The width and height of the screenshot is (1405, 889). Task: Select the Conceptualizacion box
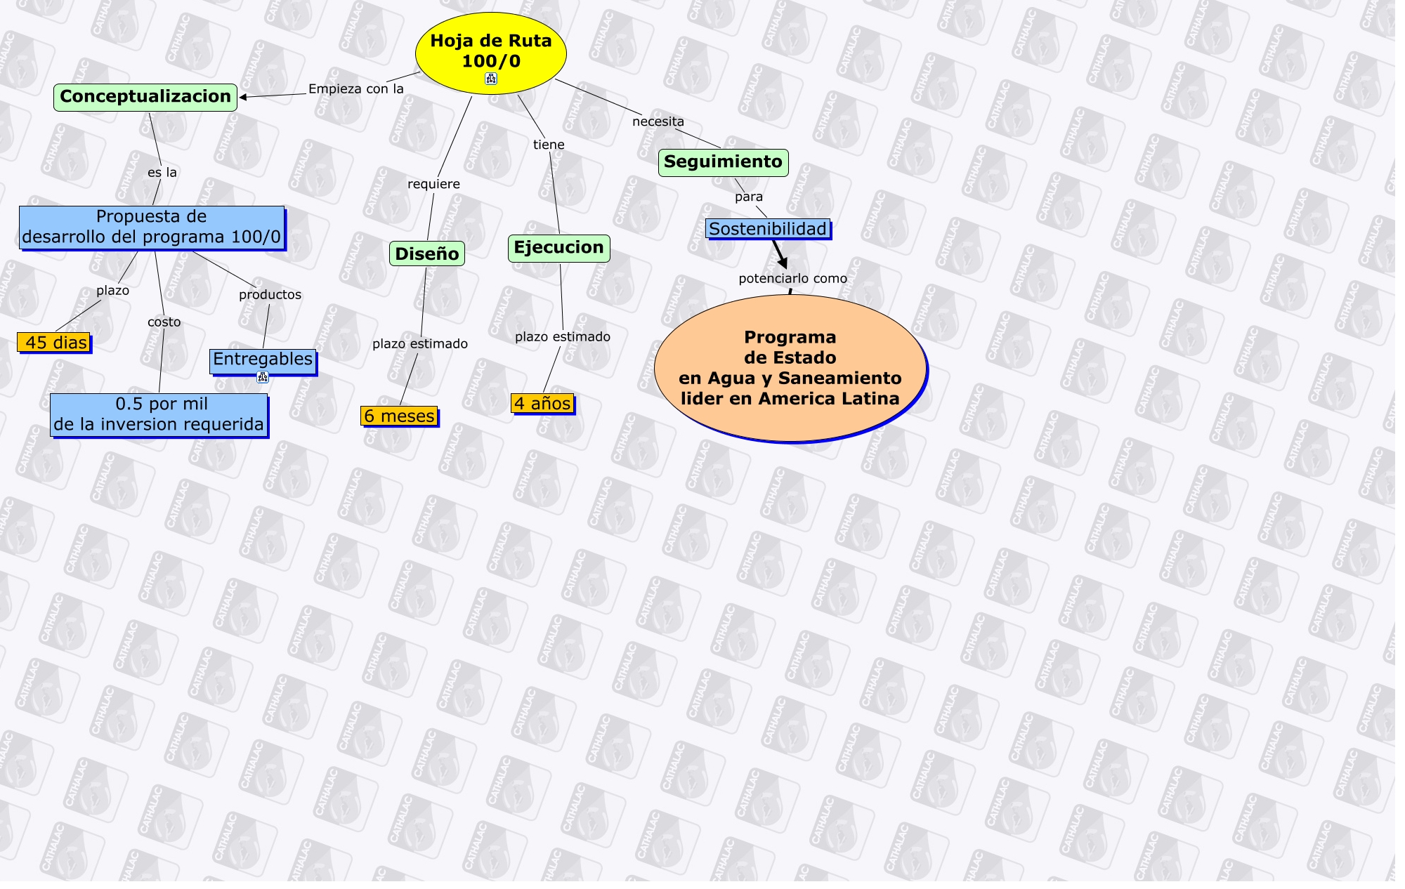[x=145, y=97]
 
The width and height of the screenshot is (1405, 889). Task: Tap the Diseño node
[x=426, y=253]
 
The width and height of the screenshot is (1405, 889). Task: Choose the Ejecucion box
[x=558, y=248]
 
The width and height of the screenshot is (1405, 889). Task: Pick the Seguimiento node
[x=723, y=162]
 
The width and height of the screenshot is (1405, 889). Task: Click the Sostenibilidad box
[x=767, y=229]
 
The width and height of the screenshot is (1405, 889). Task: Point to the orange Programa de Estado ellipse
[x=790, y=368]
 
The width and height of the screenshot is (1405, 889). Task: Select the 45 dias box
[x=54, y=343]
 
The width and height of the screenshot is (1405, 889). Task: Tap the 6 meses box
[x=399, y=416]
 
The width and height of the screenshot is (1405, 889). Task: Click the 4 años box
[x=542, y=404]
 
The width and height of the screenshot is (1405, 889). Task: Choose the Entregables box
[x=262, y=360]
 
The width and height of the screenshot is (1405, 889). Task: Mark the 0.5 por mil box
[x=159, y=414]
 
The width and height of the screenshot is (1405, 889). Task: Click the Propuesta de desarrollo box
[x=152, y=227]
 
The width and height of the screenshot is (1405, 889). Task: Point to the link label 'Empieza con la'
[x=356, y=89]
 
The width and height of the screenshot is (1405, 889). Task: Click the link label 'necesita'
[x=658, y=121]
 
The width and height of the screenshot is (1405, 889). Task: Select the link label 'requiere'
[x=433, y=184]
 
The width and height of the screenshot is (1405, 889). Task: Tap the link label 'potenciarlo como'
[x=792, y=279]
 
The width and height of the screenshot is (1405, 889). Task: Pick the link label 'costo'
[x=164, y=322]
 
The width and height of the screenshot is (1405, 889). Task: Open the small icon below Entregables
[x=263, y=378]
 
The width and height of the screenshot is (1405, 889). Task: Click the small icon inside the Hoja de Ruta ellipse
[x=491, y=79]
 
